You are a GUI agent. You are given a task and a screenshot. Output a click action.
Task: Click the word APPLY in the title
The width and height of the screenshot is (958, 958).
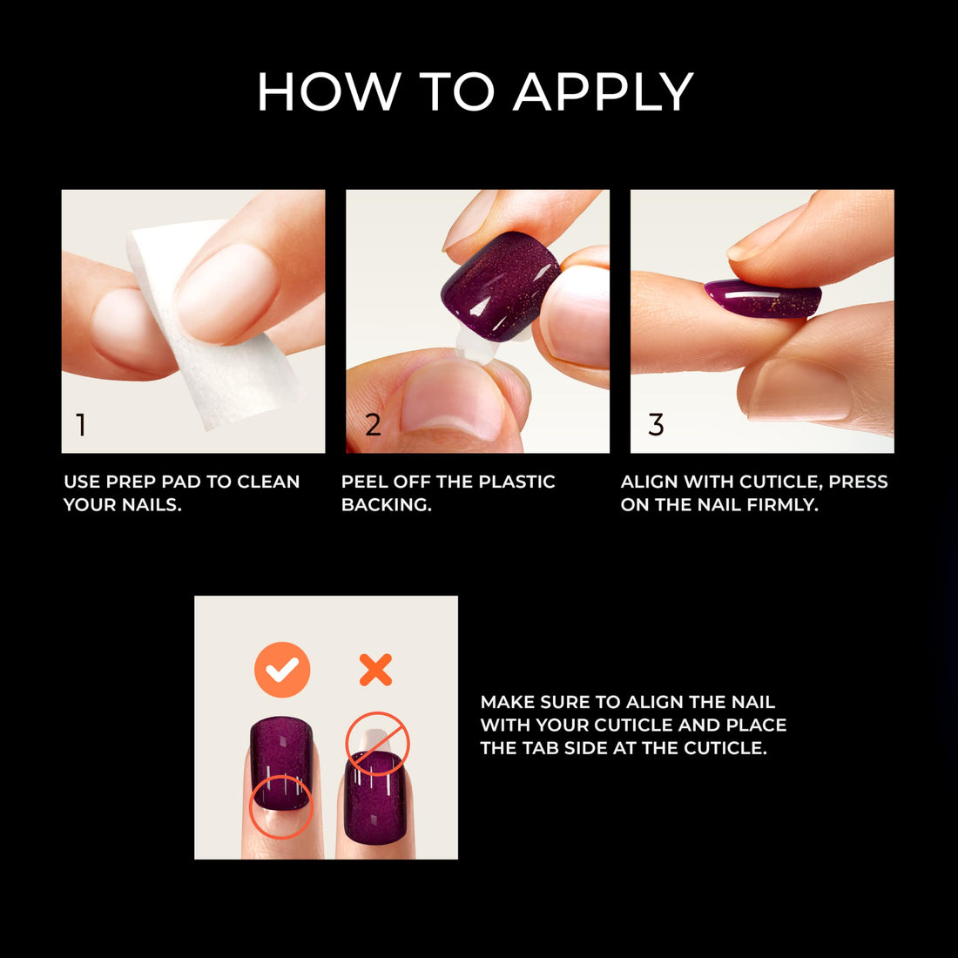click(603, 92)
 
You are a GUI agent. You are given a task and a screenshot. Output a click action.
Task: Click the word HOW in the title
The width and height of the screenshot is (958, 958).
click(329, 92)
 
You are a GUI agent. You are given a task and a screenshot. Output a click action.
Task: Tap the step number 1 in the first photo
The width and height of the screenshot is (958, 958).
click(81, 425)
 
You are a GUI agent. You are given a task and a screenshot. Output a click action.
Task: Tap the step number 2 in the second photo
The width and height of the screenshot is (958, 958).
click(373, 425)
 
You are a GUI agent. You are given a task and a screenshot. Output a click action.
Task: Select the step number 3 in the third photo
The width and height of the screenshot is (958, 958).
click(656, 425)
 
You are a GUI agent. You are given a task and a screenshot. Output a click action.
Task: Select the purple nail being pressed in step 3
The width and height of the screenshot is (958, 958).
click(763, 299)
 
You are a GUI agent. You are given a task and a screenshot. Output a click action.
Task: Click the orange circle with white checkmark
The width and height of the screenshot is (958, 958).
click(282, 670)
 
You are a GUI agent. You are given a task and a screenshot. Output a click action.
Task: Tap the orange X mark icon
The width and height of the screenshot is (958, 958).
click(375, 670)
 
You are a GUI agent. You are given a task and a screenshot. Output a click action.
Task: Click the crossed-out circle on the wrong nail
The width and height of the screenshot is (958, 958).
click(377, 744)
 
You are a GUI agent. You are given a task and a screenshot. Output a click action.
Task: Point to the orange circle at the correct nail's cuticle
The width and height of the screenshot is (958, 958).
click(280, 806)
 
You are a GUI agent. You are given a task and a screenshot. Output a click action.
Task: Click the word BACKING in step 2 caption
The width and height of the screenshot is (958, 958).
click(386, 505)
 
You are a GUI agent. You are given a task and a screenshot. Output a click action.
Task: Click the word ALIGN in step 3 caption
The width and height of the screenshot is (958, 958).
click(650, 482)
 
